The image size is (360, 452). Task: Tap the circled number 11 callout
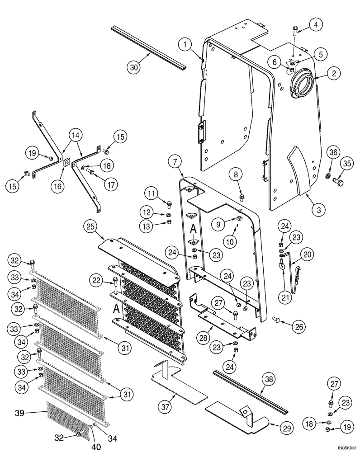point(152,194)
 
